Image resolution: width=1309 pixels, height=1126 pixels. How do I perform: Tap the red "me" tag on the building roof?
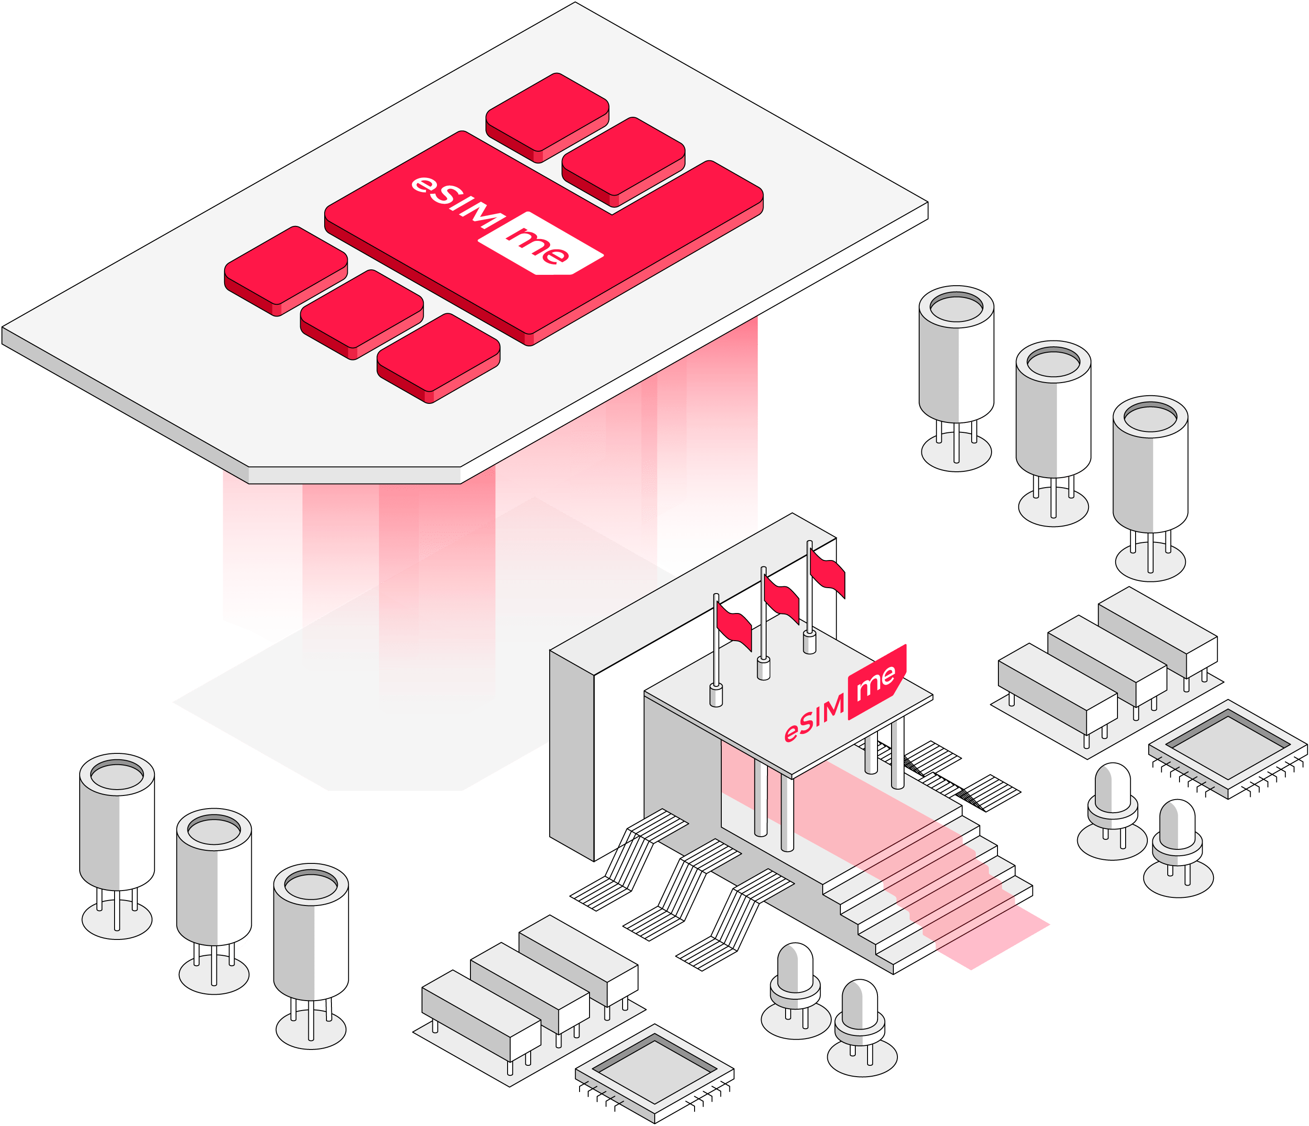(x=877, y=682)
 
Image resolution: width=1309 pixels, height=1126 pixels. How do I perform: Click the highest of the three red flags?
(x=827, y=572)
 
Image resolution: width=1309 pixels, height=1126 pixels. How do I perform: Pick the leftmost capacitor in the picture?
(x=117, y=821)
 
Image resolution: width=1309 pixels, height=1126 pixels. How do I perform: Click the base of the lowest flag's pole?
(x=716, y=696)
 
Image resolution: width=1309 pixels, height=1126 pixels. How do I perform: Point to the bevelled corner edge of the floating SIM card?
(x=354, y=475)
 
